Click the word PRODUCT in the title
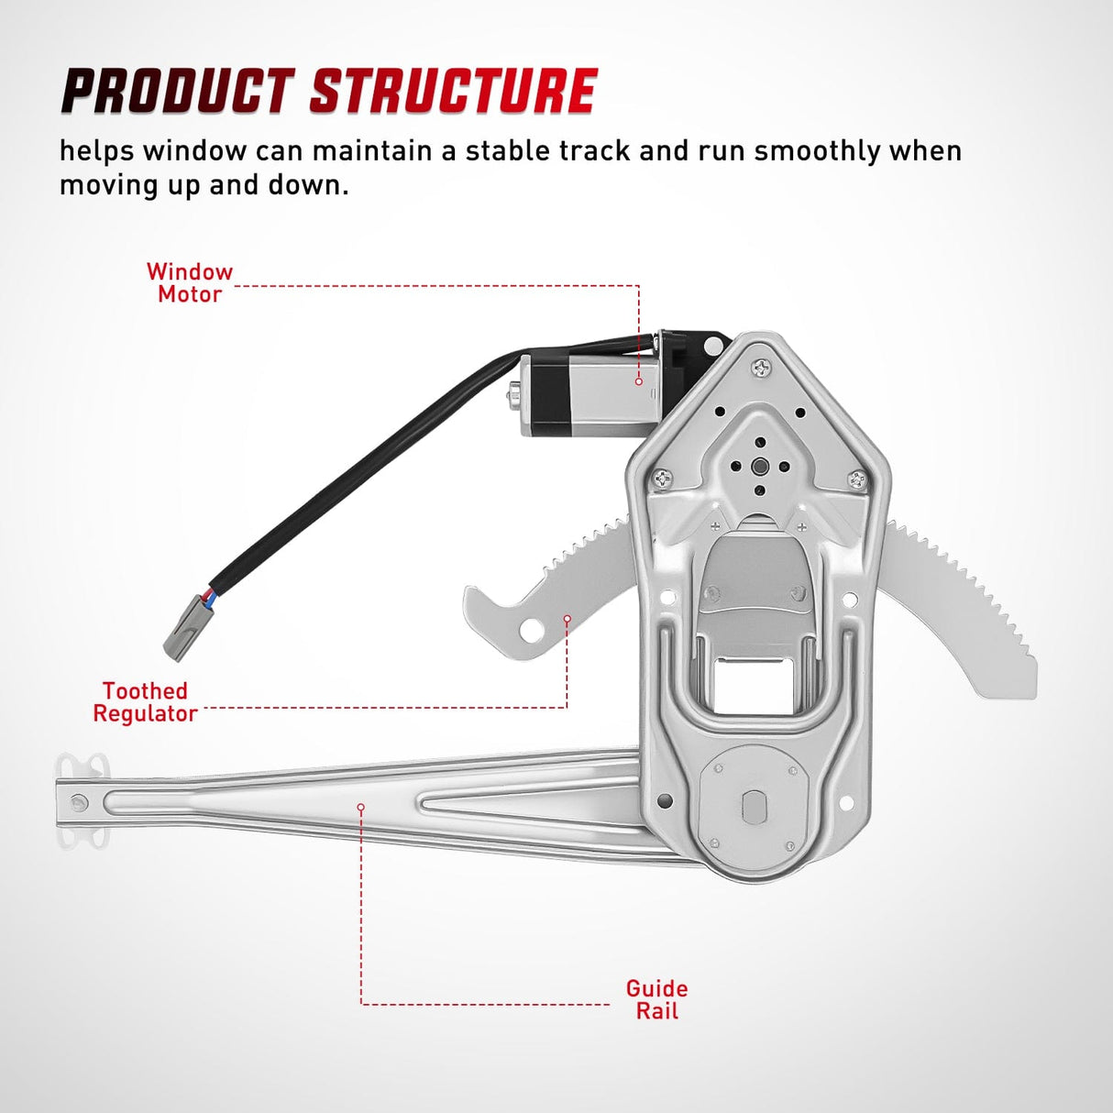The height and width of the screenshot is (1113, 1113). (176, 92)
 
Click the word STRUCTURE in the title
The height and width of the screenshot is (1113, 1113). (453, 92)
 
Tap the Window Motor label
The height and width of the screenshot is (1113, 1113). (190, 283)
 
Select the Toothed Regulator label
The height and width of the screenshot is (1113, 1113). (145, 702)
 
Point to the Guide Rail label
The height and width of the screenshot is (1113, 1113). (656, 999)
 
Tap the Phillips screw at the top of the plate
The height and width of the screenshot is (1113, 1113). (760, 369)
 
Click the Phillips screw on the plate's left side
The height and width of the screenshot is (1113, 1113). (663, 479)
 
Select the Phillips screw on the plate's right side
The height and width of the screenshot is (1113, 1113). (856, 479)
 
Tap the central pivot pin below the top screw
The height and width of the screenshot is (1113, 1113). (759, 466)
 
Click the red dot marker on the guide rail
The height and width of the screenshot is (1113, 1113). (361, 807)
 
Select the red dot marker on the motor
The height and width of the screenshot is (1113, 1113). (639, 380)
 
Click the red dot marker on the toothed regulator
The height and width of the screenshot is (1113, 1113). (567, 619)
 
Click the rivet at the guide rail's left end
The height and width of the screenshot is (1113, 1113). (79, 802)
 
